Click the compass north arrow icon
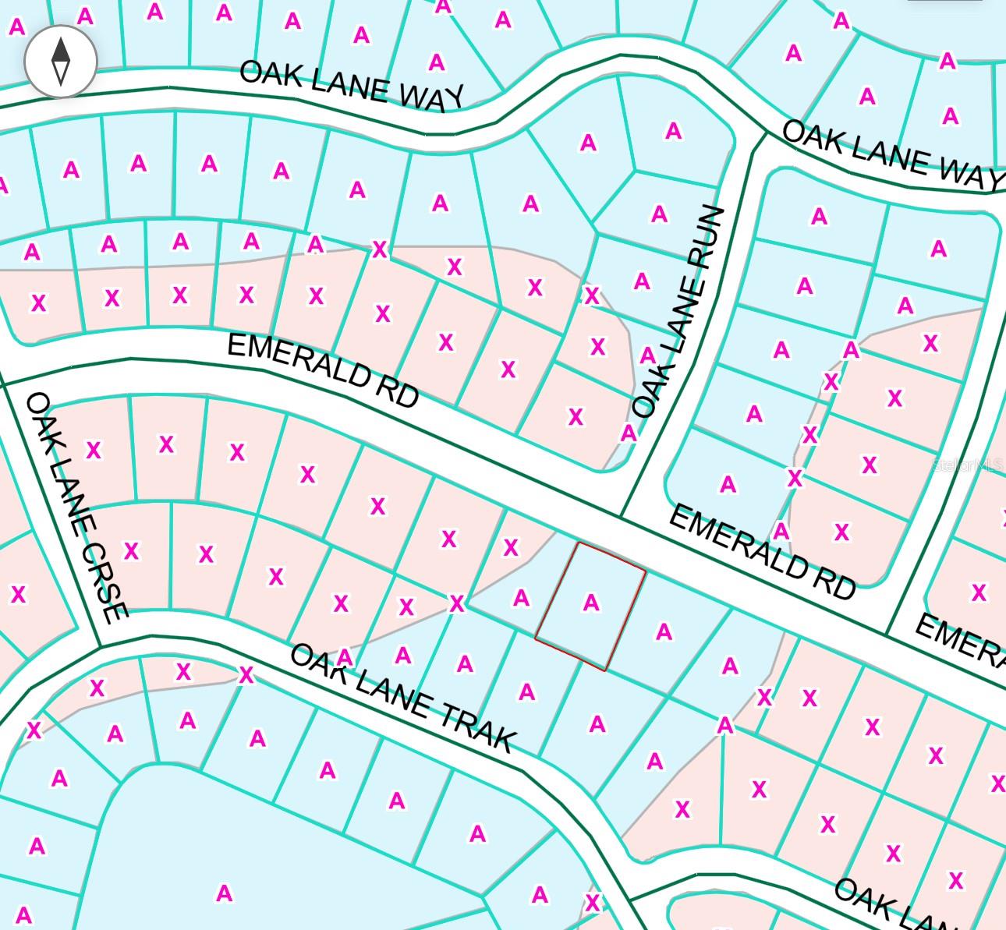[61, 60]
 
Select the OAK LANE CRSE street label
[76, 507]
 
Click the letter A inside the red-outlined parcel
[591, 603]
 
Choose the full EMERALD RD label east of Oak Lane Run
[762, 551]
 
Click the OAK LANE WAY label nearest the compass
[351, 84]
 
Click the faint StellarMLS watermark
[968, 465]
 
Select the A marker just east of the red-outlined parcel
[664, 631]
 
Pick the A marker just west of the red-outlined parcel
[521, 598]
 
